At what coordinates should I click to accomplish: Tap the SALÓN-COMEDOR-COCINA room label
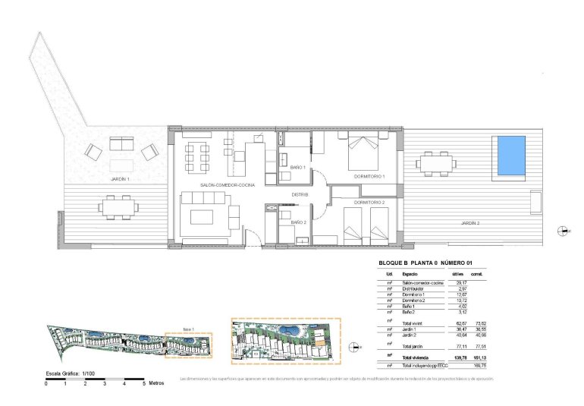[x=227, y=185]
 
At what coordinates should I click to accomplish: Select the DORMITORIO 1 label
[x=369, y=177]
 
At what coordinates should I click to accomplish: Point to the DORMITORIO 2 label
[x=369, y=203]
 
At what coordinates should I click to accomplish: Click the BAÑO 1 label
[x=297, y=167]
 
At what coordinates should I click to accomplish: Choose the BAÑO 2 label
[x=297, y=222]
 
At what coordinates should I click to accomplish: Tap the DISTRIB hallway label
[x=301, y=195]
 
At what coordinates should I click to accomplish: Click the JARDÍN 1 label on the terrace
[x=120, y=179]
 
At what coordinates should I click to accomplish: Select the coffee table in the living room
[x=204, y=218]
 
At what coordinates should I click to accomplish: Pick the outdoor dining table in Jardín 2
[x=436, y=162]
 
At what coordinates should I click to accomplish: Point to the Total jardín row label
[x=413, y=345]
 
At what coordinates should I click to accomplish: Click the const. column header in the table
[x=477, y=273]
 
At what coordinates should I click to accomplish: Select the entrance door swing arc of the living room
[x=258, y=234]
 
